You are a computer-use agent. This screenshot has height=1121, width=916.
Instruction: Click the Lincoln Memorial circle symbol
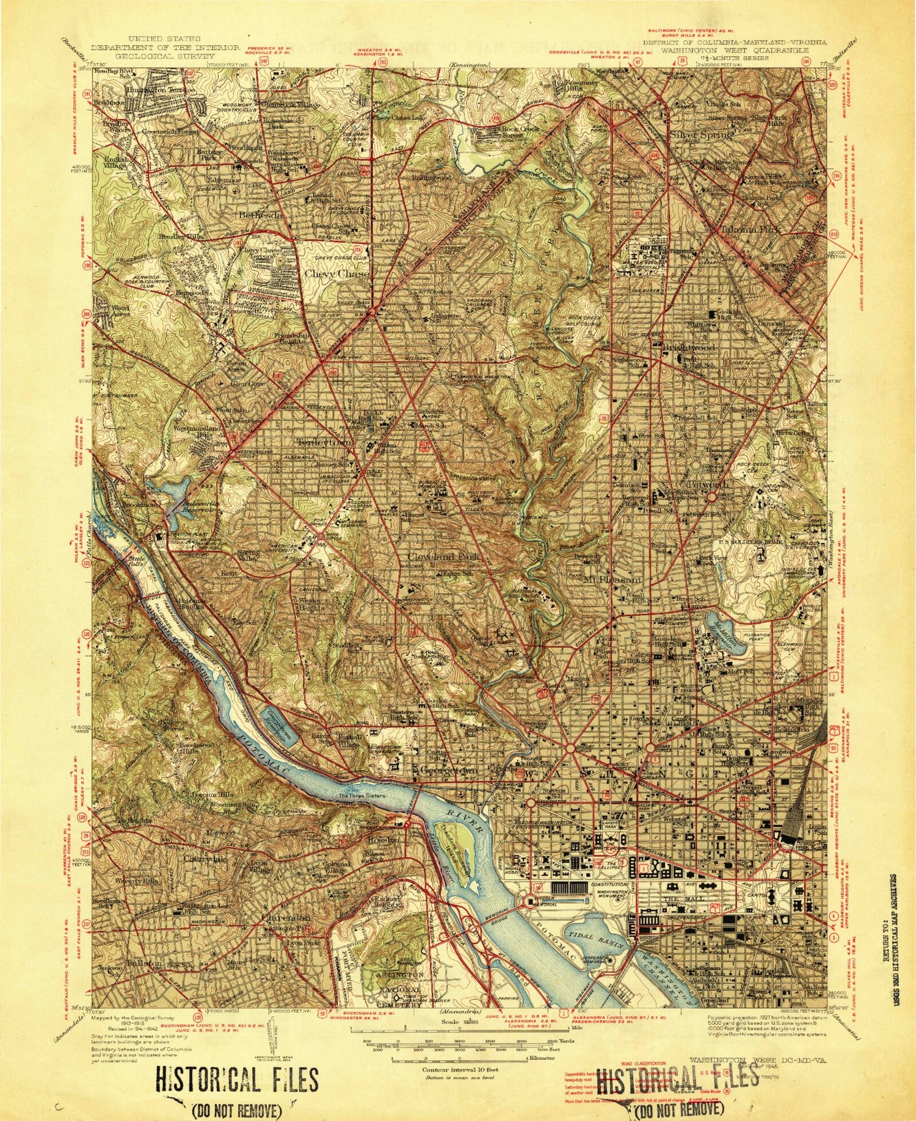click(x=529, y=901)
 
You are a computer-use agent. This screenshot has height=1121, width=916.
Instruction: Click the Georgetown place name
click(x=448, y=771)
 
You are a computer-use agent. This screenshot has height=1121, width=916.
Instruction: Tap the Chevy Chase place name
click(x=337, y=274)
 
